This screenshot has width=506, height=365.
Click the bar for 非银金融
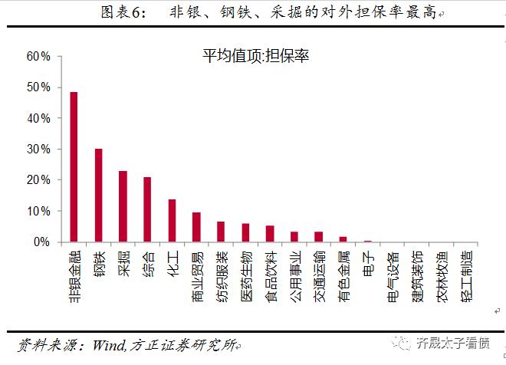(74, 167)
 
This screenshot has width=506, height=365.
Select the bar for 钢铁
(98, 196)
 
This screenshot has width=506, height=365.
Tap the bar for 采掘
(123, 206)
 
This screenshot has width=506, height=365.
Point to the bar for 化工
(172, 221)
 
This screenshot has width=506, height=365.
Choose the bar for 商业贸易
(196, 227)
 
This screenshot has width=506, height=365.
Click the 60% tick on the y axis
(38, 57)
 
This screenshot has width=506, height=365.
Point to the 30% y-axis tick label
(38, 150)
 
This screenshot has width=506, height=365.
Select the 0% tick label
(41, 242)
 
